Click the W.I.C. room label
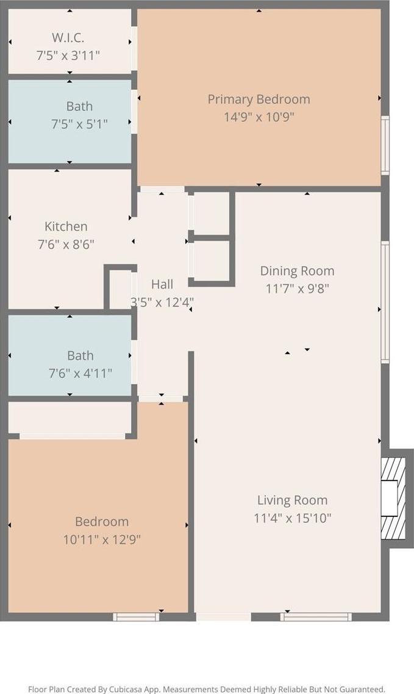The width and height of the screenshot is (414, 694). [x=68, y=38]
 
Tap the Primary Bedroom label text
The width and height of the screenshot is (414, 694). [x=259, y=99]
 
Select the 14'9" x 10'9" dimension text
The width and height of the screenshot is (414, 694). [x=259, y=117]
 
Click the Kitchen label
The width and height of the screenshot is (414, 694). [x=66, y=226]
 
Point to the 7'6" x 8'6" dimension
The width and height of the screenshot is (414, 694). [x=66, y=244]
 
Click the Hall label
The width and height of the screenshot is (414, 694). [x=162, y=284]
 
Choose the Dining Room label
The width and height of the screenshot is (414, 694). [x=297, y=271]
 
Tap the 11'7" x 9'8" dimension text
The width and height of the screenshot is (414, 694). [x=297, y=289]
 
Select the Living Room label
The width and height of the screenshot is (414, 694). [x=293, y=500]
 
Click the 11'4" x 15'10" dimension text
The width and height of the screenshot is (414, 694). [x=293, y=518]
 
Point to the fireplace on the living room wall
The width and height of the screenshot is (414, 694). [x=394, y=498]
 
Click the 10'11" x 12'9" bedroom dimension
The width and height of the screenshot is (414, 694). [x=102, y=540]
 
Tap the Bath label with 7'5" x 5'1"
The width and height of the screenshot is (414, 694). [x=80, y=106]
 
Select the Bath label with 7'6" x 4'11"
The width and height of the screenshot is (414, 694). [x=80, y=355]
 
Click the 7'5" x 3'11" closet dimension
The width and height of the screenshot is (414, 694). [x=68, y=56]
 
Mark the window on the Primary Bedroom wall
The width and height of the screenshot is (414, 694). [x=385, y=145]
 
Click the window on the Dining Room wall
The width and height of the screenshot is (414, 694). [x=385, y=302]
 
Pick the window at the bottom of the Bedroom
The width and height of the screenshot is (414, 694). [x=136, y=616]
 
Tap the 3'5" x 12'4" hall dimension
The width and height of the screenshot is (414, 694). [x=162, y=302]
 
